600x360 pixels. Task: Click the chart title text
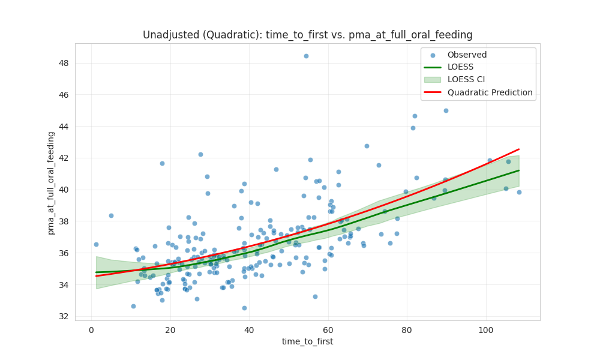pyautogui.click(x=307, y=35)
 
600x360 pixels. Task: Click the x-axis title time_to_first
pyautogui.click(x=307, y=341)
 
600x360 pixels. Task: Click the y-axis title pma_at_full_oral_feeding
pyautogui.click(x=52, y=182)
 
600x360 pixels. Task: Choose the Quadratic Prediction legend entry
pyautogui.click(x=490, y=92)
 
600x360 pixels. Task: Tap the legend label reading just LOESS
pyautogui.click(x=460, y=67)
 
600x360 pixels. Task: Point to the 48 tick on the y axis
pyautogui.click(x=63, y=63)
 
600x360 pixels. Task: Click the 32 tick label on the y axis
pyautogui.click(x=63, y=316)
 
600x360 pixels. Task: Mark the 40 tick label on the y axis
pyautogui.click(x=63, y=190)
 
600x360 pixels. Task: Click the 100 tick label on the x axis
pyautogui.click(x=486, y=329)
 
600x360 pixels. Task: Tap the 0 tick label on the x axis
pyautogui.click(x=91, y=329)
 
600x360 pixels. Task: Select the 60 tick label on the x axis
pyautogui.click(x=328, y=329)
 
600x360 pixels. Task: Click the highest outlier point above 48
pyautogui.click(x=306, y=56)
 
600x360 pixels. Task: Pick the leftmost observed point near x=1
pyautogui.click(x=96, y=244)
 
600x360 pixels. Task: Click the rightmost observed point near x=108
pyautogui.click(x=519, y=192)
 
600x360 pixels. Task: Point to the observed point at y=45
pyautogui.click(x=446, y=110)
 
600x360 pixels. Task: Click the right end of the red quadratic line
pyautogui.click(x=518, y=149)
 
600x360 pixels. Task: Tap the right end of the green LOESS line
pyautogui.click(x=518, y=170)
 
